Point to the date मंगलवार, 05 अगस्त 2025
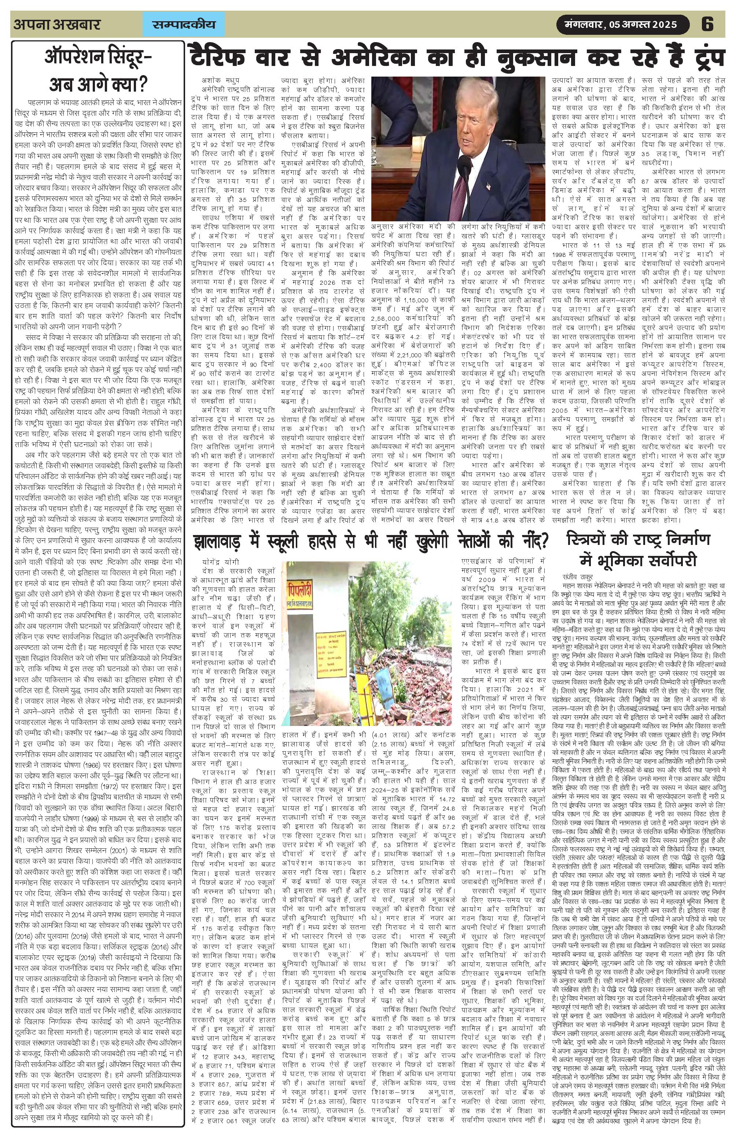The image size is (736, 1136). pyautogui.click(x=622, y=24)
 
